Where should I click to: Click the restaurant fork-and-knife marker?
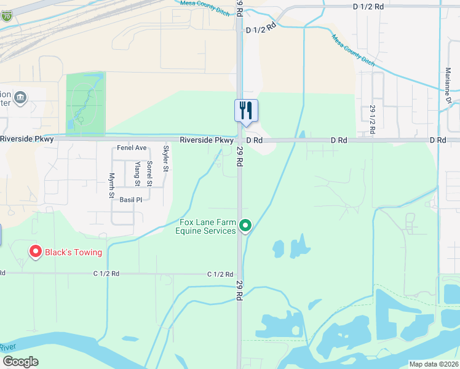[246, 111]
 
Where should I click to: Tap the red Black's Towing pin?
[35, 252]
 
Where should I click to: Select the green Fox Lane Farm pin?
[245, 226]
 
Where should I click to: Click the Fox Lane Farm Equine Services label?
[207, 226]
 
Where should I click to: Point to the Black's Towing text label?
[74, 252]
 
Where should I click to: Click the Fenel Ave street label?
[132, 148]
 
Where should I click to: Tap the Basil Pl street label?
[130, 200]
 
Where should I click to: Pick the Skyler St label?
[165, 158]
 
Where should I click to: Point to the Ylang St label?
[137, 174]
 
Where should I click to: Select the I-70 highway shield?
[6, 17]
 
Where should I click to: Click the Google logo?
[20, 362]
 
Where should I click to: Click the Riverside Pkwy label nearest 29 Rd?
[205, 140]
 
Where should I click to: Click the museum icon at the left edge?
[20, 97]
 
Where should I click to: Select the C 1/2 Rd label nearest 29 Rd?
[220, 274]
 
